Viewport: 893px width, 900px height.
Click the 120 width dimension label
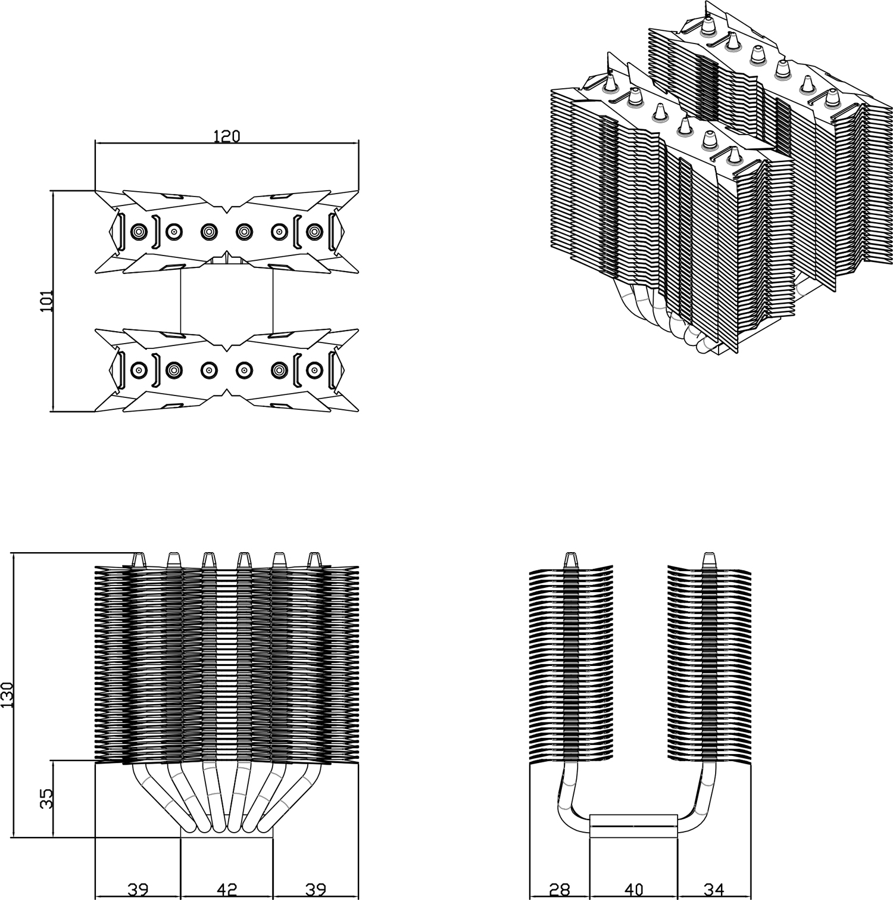tap(226, 136)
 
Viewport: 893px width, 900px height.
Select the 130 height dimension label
tap(7, 695)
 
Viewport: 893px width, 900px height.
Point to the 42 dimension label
tap(226, 890)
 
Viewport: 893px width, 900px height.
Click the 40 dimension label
tap(634, 890)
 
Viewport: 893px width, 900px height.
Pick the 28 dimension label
tap(559, 890)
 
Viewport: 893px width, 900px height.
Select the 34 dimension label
tap(714, 890)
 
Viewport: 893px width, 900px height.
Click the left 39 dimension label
tap(138, 890)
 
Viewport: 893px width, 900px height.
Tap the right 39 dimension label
tap(316, 890)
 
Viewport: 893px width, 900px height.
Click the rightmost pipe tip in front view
tap(314, 559)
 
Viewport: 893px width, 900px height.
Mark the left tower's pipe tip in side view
tap(570, 559)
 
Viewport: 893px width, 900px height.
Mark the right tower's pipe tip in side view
tap(708, 559)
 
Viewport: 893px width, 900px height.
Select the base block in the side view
tap(633, 826)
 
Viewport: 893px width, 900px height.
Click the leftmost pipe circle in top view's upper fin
tap(138, 232)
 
